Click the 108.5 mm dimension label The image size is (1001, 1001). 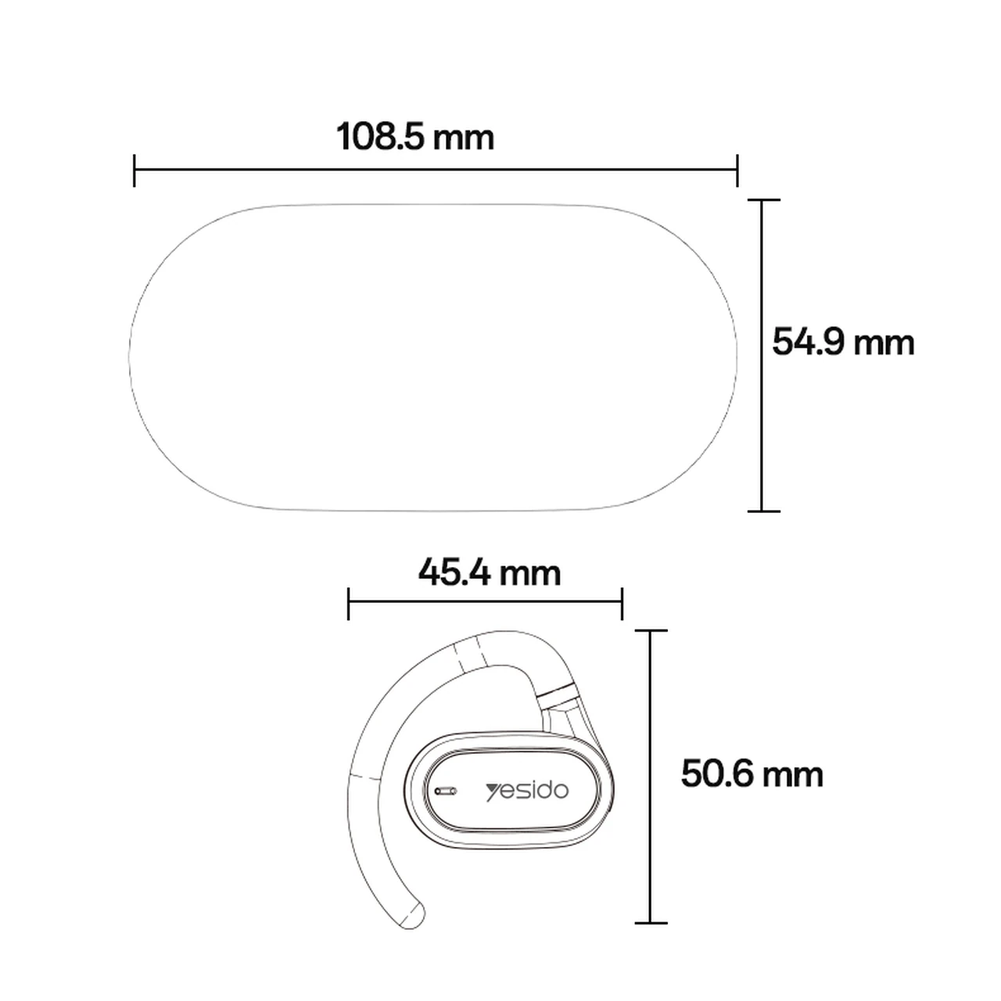coord(415,137)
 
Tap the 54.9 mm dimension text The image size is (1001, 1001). coord(843,342)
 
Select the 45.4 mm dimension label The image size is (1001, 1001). coord(490,572)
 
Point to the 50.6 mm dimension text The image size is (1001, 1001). coord(752,774)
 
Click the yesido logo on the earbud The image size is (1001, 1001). coord(527,791)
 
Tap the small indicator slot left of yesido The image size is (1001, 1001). coord(446,791)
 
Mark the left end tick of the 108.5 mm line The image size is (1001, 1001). coord(135,170)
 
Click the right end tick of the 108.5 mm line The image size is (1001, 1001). coord(737,170)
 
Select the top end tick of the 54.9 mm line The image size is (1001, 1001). coord(763,199)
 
